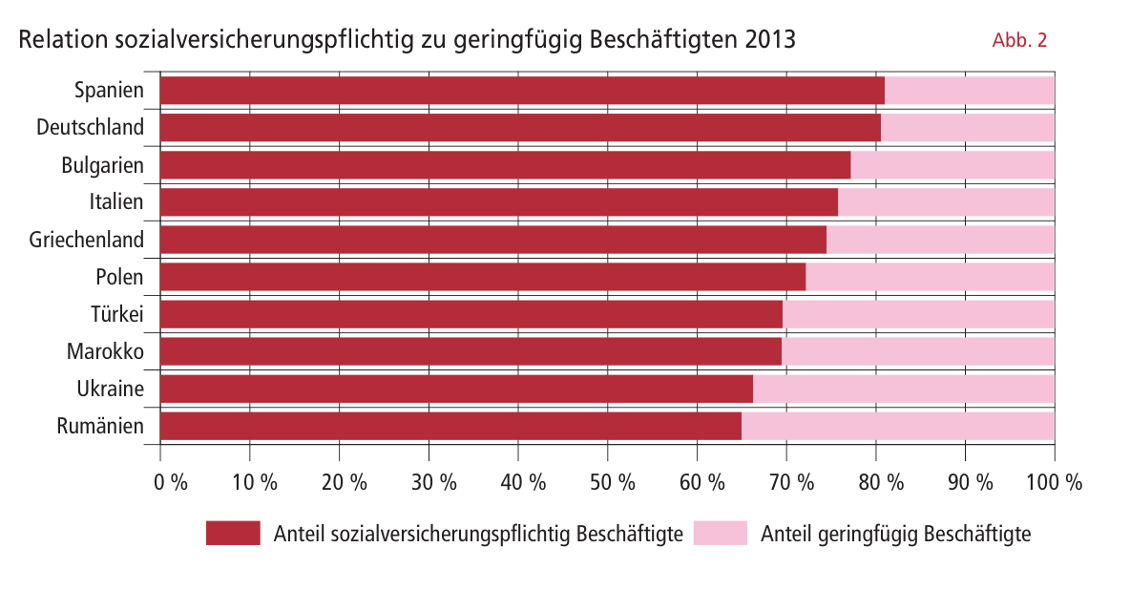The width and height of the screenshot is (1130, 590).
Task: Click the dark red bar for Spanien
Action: click(522, 91)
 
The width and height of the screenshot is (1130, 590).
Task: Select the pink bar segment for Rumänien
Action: click(897, 426)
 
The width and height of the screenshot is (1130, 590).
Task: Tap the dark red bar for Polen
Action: click(482, 277)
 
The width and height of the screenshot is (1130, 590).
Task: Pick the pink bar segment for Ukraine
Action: click(903, 389)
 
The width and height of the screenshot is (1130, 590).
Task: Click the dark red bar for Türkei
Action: click(471, 314)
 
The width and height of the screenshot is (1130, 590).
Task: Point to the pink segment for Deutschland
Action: click(967, 128)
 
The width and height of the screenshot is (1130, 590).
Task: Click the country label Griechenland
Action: click(87, 240)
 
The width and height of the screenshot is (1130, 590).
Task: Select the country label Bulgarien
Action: click(102, 165)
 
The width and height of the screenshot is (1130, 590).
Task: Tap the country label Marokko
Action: click(105, 351)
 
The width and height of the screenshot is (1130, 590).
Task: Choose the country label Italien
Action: click(116, 202)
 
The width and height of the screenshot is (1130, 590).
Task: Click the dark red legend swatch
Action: click(233, 534)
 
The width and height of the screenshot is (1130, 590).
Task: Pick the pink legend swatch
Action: click(721, 534)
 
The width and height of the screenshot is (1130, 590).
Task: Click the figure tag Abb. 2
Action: click(1020, 40)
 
